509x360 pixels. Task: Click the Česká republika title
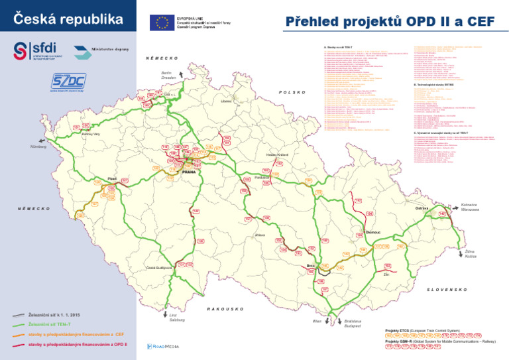pos(68,17)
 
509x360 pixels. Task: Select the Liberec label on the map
pos(226,102)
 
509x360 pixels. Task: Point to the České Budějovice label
pos(160,268)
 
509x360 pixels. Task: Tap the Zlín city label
pos(386,274)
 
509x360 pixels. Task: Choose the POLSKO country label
pos(291,92)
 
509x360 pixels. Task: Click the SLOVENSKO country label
pos(447,290)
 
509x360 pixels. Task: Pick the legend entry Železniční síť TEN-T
pos(53,324)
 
